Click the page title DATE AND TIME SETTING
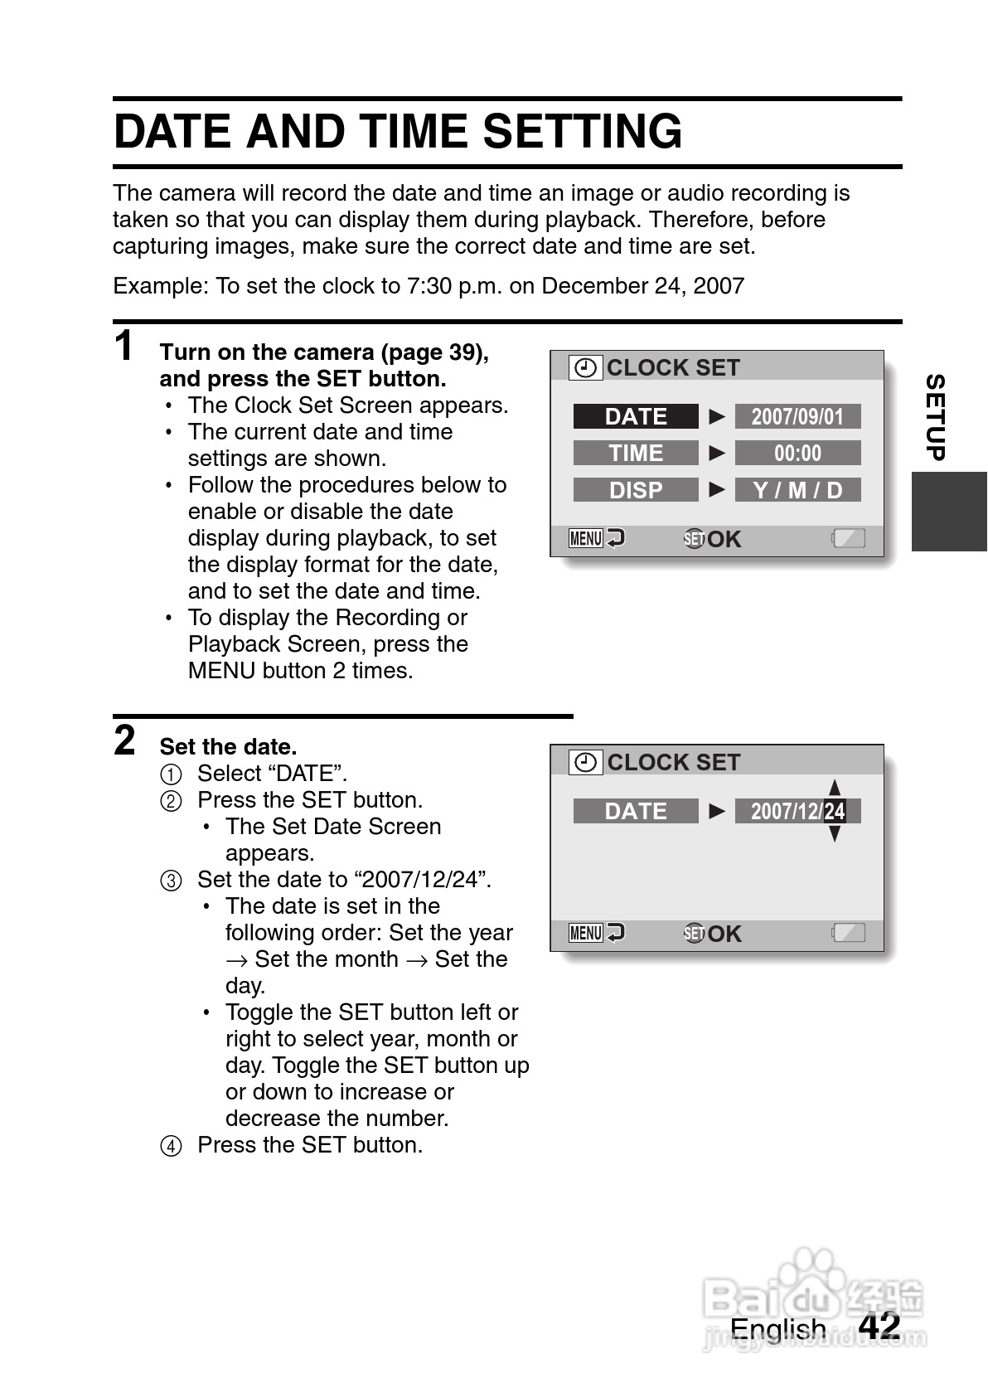pos(398,132)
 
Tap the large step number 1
pos(124,346)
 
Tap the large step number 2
pos(124,740)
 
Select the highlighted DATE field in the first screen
pos(636,416)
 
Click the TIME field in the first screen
pos(636,453)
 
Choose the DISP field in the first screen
pos(636,490)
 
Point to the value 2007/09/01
pos(797,416)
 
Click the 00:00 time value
pos(797,453)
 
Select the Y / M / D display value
pos(797,490)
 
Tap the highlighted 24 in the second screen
pos(835,811)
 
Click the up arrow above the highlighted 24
pos(835,787)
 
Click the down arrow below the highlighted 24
pos(835,834)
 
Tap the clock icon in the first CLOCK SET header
pos(586,367)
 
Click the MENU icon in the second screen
pos(586,934)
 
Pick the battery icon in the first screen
pos(848,539)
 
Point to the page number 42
pos(879,1325)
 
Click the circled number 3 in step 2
pos(170,881)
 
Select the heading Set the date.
pos(228,747)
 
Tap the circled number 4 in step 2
pos(170,1146)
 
